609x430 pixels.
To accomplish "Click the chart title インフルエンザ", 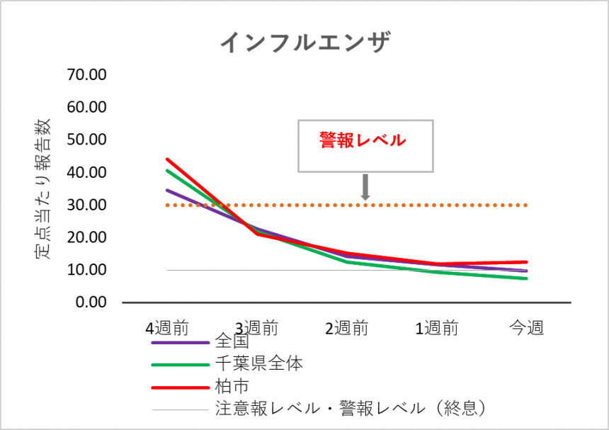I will [304, 42].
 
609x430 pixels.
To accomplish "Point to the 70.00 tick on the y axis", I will [86, 75].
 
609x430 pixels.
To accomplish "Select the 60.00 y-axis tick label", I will [86, 108].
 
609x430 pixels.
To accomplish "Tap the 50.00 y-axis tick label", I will [86, 140].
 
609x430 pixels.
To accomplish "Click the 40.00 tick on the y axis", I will [86, 173].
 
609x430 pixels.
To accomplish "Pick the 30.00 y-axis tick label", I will [86, 205].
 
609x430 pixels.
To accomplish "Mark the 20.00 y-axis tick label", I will [86, 238].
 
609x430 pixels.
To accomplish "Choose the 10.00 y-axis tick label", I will [86, 271].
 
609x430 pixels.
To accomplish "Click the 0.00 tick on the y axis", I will [89, 302].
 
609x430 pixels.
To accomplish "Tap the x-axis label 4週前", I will [167, 328].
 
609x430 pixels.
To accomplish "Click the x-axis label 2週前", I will [347, 328].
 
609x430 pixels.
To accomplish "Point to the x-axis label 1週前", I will [437, 328].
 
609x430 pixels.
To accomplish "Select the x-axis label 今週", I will [527, 328].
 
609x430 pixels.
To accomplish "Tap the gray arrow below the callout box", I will [365, 188].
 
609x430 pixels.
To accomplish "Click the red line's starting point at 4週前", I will [167, 159].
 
